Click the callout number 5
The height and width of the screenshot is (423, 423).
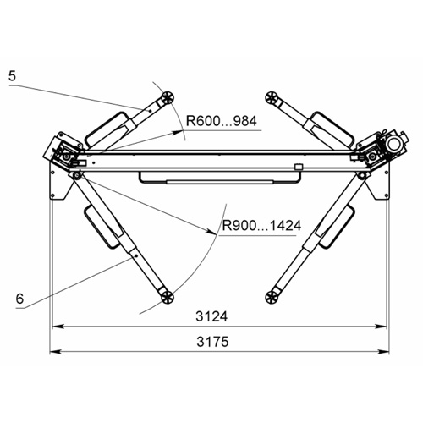[12, 76]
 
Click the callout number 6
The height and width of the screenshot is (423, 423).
[19, 299]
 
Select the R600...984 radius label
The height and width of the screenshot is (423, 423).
[222, 121]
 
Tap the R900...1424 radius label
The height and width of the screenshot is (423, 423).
[261, 226]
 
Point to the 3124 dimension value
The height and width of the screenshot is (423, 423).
[211, 316]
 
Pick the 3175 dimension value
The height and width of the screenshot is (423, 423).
[212, 342]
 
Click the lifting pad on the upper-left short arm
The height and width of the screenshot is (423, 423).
[168, 97]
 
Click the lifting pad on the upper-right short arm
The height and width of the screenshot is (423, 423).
[272, 97]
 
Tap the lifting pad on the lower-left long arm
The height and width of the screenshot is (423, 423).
[168, 297]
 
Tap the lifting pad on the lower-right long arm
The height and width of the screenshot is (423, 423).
[272, 297]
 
